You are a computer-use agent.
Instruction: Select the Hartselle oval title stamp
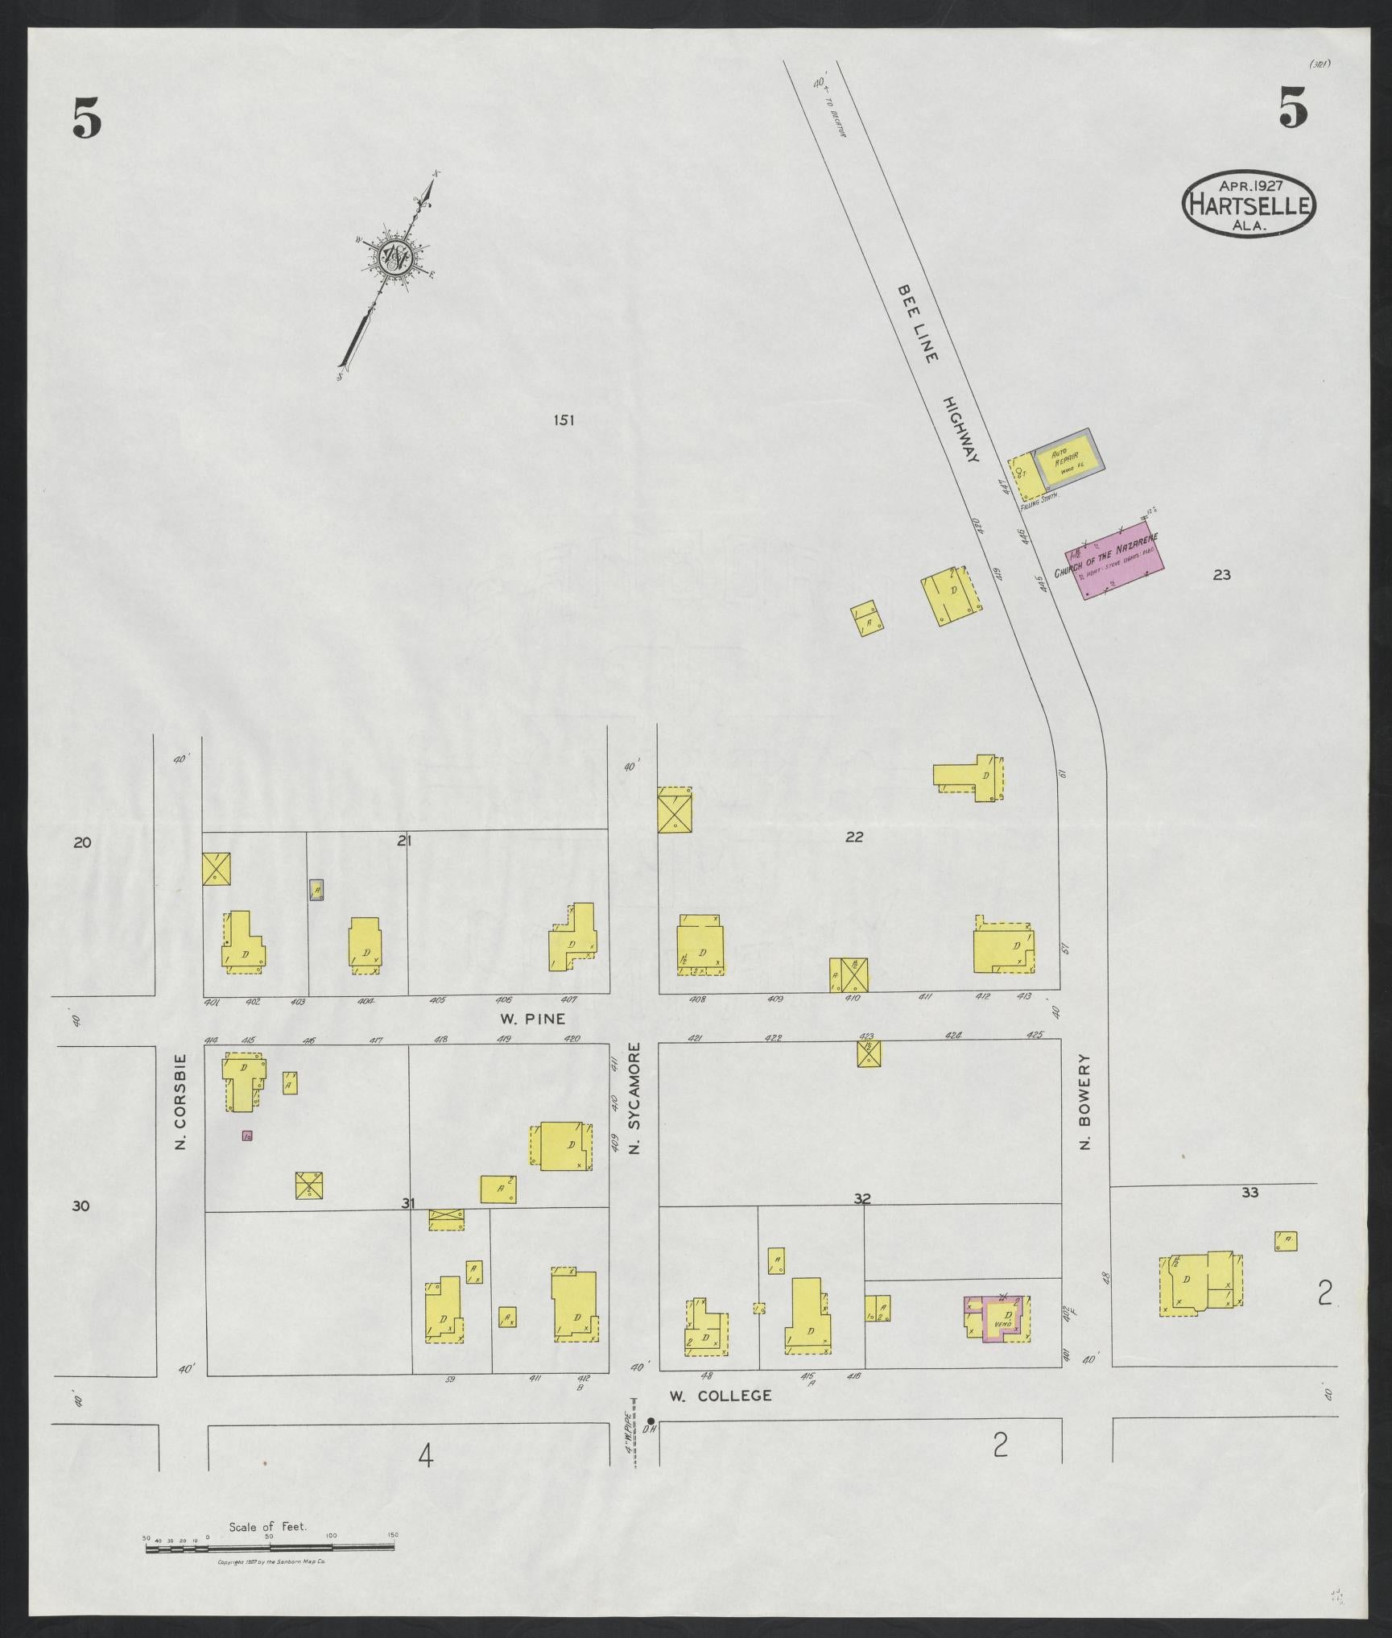pos(1249,203)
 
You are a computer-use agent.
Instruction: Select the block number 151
pos(564,419)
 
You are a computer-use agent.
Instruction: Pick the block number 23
pos(1221,574)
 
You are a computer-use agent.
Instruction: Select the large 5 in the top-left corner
pos(87,119)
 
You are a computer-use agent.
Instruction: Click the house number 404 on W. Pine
pos(366,1000)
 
